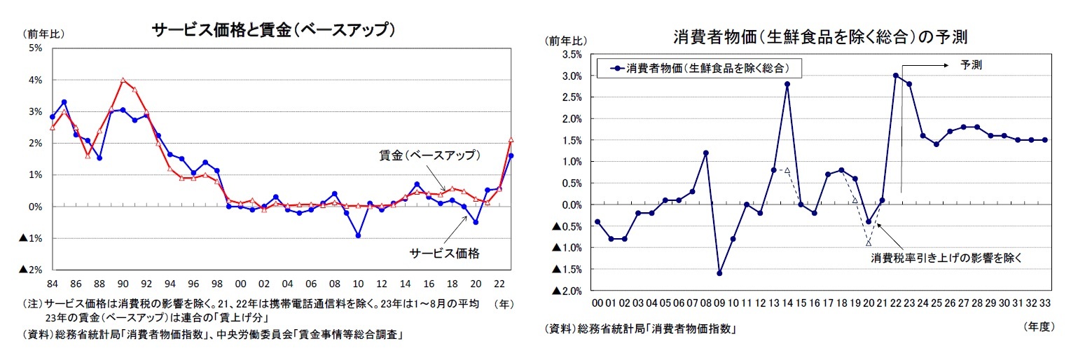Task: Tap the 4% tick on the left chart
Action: tap(36, 80)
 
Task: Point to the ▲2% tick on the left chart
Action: tap(32, 270)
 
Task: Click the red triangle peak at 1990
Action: tap(123, 80)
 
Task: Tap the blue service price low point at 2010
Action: tap(358, 235)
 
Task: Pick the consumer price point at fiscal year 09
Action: tap(719, 273)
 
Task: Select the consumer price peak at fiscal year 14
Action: tap(787, 84)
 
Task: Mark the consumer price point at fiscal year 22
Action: tap(895, 76)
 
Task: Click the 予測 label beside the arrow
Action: tap(971, 64)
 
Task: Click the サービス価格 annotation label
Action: tap(444, 254)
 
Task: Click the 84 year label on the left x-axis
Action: tap(52, 284)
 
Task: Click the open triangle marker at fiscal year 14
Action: tap(787, 170)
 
